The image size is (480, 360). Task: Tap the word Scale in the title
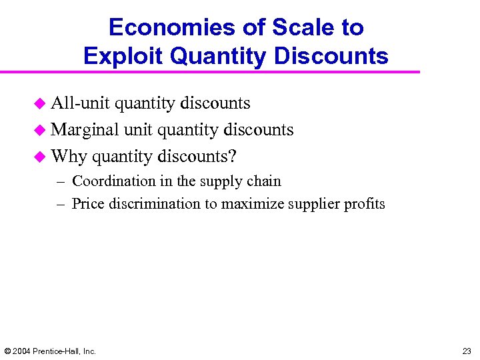288,27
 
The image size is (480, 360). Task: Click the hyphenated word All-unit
80,103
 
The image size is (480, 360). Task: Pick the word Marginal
85,129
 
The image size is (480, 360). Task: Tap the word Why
68,156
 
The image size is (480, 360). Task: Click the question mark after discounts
233,156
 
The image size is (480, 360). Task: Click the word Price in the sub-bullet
86,204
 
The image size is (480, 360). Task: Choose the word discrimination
153,204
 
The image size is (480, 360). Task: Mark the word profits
365,204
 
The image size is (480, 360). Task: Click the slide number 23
466,351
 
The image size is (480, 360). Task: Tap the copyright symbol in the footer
7,351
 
